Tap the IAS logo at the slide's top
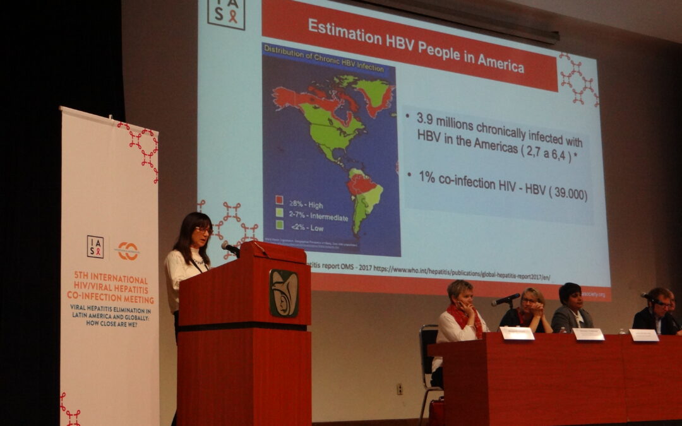226,13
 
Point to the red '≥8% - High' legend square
278,199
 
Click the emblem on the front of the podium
284,293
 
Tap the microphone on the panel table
506,300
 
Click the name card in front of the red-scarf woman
517,333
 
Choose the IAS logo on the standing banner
95,246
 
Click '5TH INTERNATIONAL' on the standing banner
111,278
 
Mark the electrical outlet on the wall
399,389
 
